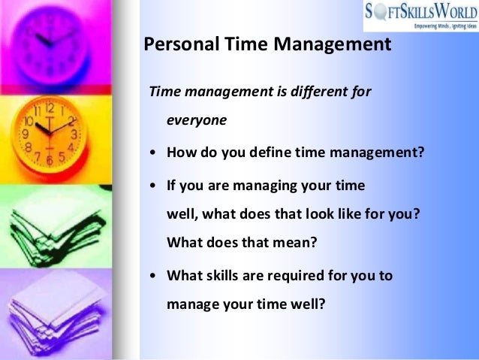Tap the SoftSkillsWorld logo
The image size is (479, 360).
pos(421,16)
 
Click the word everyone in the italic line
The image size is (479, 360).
pos(197,119)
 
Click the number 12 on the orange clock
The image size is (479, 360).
pos(50,108)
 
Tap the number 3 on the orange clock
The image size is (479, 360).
pos(74,135)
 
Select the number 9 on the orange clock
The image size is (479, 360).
pos(26,135)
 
